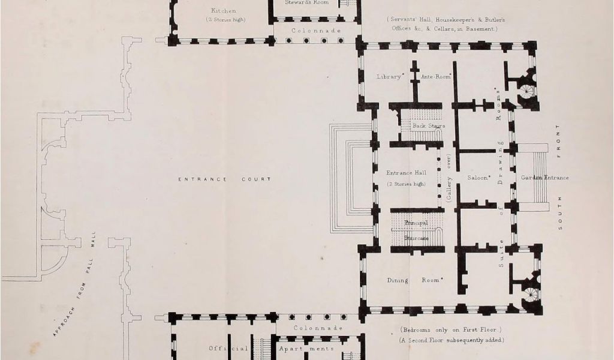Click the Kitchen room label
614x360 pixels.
223,11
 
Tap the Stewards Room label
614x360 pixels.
306,2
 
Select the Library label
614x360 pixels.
389,77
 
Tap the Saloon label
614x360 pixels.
479,178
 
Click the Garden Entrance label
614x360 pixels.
544,178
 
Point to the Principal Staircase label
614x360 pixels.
416,230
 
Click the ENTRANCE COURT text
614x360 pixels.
224,179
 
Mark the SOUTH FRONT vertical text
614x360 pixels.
559,178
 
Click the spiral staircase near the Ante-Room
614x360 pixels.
526,92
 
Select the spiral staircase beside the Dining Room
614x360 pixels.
529,294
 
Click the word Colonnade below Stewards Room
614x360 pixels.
317,31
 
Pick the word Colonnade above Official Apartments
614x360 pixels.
318,328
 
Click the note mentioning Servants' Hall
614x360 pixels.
445,24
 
